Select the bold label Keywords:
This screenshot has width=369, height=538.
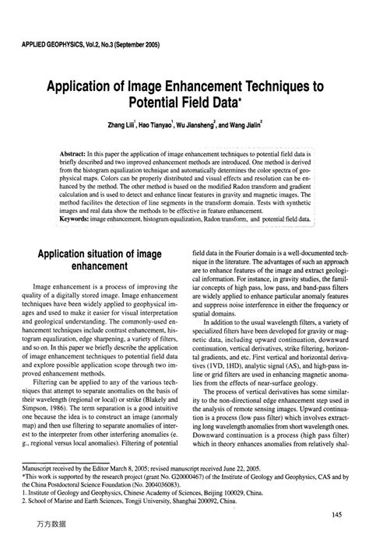[x=76, y=220]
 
